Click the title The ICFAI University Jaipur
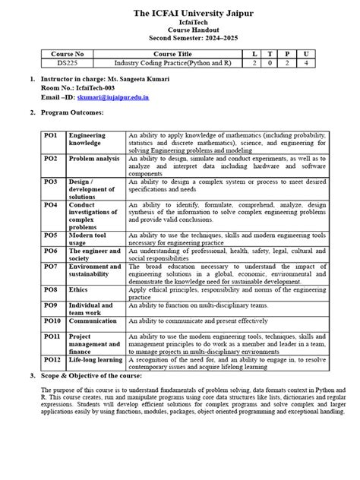click(x=181, y=13)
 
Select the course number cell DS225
click(x=67, y=64)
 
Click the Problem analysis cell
click(x=94, y=158)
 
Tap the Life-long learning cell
click(x=94, y=338)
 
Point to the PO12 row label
click(x=52, y=338)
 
